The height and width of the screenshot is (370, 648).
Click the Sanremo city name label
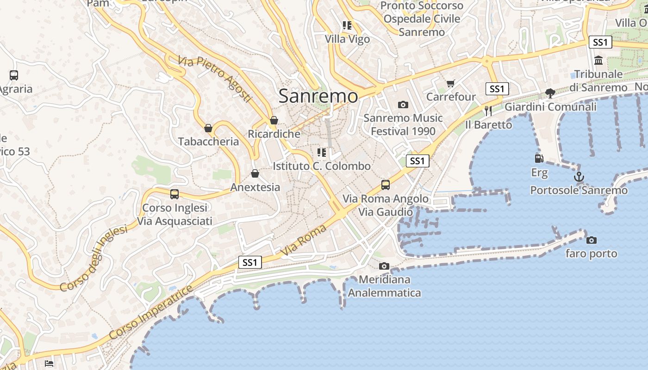[318, 96]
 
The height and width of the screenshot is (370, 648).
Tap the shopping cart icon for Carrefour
[451, 84]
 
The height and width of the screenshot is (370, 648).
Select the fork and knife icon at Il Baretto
[488, 111]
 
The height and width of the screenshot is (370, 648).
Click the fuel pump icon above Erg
[539, 159]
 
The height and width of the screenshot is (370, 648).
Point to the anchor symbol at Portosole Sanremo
[579, 177]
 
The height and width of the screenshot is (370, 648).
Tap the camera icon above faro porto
[591, 240]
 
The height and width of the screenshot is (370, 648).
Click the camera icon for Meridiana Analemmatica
[384, 266]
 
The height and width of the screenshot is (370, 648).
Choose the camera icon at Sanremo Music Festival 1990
[403, 105]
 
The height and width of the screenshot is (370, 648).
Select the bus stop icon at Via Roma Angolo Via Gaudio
[386, 185]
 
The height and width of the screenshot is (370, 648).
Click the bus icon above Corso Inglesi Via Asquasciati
[174, 194]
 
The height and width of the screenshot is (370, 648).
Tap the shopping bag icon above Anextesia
[255, 173]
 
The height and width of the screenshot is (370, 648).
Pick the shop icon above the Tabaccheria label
[208, 128]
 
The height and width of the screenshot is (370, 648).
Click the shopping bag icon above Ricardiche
[274, 121]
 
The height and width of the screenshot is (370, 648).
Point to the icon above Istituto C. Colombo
[322, 152]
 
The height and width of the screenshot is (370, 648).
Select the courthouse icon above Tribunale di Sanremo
[598, 61]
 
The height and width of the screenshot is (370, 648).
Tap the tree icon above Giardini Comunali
[550, 93]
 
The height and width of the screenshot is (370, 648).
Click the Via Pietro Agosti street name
[214, 79]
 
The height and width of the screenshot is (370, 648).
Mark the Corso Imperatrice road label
[150, 313]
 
